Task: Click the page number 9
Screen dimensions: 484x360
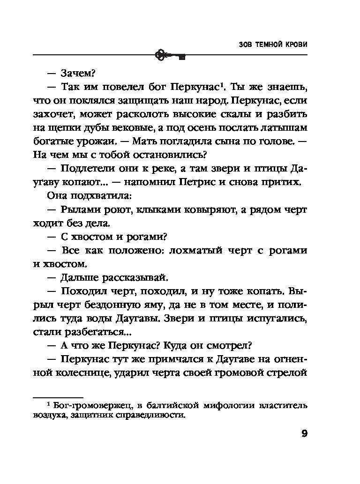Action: click(x=304, y=433)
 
